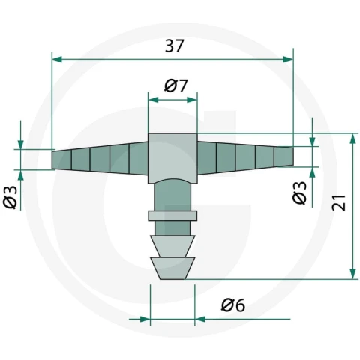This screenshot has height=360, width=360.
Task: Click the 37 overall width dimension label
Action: [x=175, y=46]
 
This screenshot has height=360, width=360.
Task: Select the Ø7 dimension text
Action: [x=175, y=86]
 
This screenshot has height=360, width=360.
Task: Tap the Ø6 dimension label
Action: [x=233, y=305]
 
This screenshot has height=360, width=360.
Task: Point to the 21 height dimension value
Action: [x=338, y=202]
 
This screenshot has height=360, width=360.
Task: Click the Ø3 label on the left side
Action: [x=10, y=197]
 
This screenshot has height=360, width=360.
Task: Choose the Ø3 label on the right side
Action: [x=299, y=193]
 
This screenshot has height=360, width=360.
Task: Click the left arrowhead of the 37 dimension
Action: [x=57, y=59]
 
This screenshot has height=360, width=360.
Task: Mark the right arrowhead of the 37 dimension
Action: [x=288, y=59]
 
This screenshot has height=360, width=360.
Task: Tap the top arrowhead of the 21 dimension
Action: [x=352, y=139]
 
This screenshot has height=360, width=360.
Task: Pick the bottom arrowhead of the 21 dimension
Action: [x=352, y=274]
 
